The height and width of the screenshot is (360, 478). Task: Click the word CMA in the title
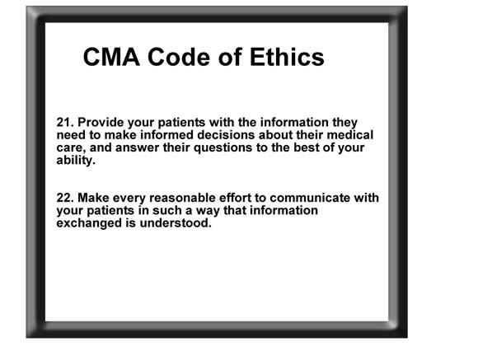[x=111, y=57]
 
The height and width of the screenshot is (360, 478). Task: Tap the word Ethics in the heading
[x=287, y=57]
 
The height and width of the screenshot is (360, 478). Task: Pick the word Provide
[x=101, y=123]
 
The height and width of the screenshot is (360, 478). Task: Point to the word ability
[x=76, y=161]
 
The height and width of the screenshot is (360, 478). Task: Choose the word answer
[x=138, y=148]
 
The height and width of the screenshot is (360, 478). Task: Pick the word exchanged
[x=89, y=223]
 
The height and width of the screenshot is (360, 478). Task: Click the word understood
[x=176, y=223]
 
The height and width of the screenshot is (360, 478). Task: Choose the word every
[x=129, y=199]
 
